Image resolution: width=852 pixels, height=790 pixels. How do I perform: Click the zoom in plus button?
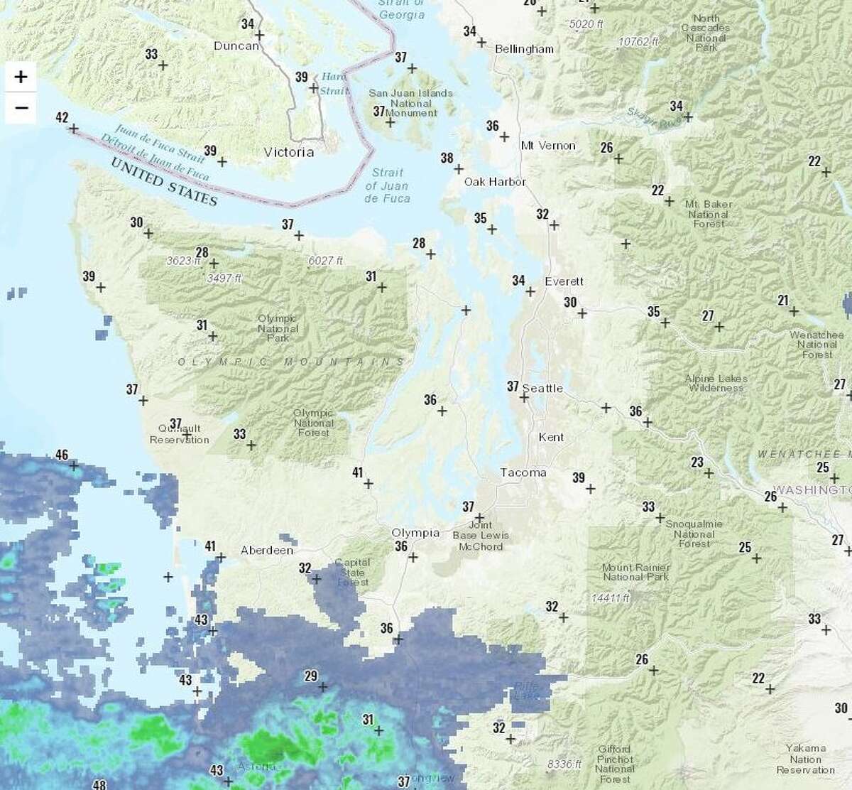click(21, 77)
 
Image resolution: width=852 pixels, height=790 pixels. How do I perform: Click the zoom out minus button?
click(21, 108)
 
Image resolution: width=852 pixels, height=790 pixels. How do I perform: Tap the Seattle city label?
click(542, 388)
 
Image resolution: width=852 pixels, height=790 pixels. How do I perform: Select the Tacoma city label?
click(523, 472)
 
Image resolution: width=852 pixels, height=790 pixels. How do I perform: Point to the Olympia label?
click(415, 533)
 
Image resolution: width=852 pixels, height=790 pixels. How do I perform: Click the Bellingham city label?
click(524, 49)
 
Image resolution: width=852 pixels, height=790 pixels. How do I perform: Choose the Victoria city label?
click(288, 152)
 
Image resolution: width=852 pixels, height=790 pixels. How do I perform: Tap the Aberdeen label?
click(267, 551)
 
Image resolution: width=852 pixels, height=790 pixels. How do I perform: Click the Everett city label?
click(564, 281)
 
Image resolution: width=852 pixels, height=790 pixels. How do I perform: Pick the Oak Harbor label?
click(495, 182)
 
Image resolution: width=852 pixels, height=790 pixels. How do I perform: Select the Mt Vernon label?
click(548, 146)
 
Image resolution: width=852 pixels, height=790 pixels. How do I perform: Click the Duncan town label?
click(236, 46)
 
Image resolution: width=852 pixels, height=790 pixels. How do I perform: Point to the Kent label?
click(551, 438)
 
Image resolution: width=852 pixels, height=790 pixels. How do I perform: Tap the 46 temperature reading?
click(62, 455)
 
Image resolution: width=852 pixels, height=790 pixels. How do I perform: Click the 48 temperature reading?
click(99, 784)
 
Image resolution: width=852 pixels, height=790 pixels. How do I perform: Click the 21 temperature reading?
click(783, 301)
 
